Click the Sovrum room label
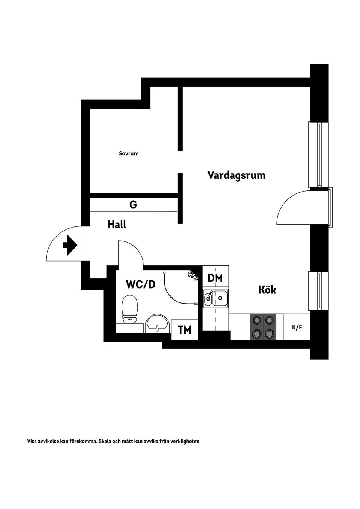[129, 153]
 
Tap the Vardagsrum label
[236, 175]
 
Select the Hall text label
[117, 225]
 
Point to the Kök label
[267, 290]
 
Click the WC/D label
[140, 284]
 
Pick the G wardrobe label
[133, 205]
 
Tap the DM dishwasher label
[215, 278]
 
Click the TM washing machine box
[184, 330]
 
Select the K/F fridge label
[297, 327]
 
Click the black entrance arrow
[70, 246]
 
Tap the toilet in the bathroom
[130, 309]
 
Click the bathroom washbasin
[156, 323]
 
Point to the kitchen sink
[216, 298]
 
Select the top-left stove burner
[257, 320]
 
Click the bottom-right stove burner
[269, 333]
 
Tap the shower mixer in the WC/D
[193, 275]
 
